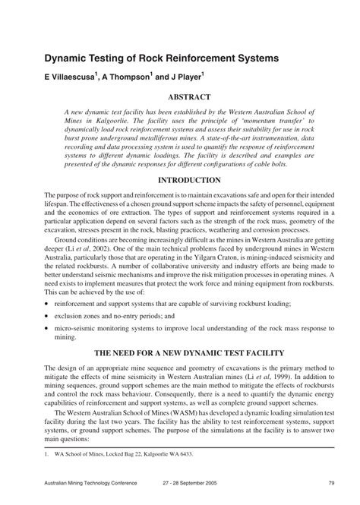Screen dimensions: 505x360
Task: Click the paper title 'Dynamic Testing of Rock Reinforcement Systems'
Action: pyautogui.click(x=161, y=58)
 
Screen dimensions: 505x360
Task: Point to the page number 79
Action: pyautogui.click(x=332, y=482)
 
